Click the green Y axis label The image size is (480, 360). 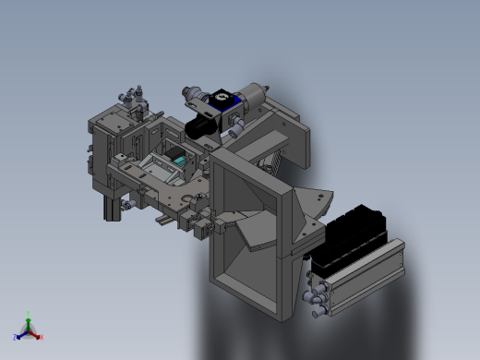click(x=29, y=314)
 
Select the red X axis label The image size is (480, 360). click(x=42, y=337)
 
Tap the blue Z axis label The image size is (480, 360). click(x=15, y=337)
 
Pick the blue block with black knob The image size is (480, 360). click(x=222, y=99)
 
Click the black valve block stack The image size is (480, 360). click(x=351, y=237)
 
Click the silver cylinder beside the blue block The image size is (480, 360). click(x=251, y=96)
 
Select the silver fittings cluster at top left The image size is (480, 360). click(x=130, y=95)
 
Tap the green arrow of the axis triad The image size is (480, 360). click(x=29, y=321)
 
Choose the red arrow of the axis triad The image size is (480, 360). click(x=36, y=333)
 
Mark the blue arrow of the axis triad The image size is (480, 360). click(x=21, y=333)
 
